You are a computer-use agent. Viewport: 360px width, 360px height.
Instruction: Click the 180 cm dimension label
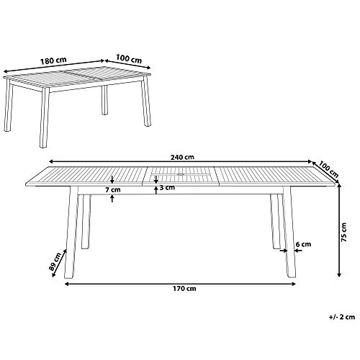(53, 60)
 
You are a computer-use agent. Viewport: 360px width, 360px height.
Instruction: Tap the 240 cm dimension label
(182, 158)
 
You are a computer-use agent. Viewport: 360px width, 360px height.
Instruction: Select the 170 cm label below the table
(184, 289)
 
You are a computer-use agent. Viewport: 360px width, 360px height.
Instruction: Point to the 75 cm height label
(344, 232)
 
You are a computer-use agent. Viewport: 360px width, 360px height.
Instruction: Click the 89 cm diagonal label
(55, 261)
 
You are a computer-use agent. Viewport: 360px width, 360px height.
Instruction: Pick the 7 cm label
(113, 190)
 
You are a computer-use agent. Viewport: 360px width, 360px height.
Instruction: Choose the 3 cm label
(167, 187)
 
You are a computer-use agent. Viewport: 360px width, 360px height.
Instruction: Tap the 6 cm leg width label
(303, 244)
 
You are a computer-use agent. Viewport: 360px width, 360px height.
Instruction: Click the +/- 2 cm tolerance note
(342, 317)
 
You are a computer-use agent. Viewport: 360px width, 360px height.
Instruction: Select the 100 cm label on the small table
(129, 59)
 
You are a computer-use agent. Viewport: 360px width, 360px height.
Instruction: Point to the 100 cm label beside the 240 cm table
(328, 169)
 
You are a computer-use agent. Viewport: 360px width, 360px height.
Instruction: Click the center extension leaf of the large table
(181, 176)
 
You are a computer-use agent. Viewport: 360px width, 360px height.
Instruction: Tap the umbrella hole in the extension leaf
(181, 174)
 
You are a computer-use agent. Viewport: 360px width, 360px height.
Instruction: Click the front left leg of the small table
(44, 117)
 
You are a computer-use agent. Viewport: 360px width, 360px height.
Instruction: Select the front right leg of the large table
(289, 232)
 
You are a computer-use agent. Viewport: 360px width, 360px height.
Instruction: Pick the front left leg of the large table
(71, 232)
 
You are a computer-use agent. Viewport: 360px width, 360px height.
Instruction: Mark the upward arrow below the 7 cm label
(112, 199)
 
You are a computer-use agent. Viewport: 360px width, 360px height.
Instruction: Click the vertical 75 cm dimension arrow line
(339, 231)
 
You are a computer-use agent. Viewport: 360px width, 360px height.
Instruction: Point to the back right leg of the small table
(105, 100)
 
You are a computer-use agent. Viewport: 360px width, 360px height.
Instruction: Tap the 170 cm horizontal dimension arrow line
(180, 284)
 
